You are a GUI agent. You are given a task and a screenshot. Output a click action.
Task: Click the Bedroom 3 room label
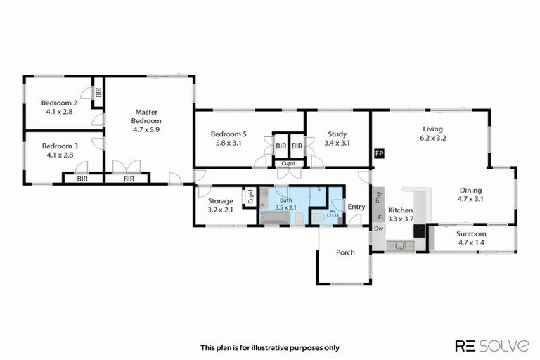point(58,146)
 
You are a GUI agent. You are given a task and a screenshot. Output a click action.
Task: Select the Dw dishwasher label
point(378,229)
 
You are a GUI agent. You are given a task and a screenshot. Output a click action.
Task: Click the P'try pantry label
point(378,198)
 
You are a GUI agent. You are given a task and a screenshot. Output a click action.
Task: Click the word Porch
point(345,252)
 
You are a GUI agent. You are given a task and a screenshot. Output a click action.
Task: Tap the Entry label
point(356,207)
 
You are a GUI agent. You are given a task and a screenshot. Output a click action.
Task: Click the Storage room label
point(220,200)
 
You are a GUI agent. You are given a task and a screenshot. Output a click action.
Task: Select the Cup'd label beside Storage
point(249,198)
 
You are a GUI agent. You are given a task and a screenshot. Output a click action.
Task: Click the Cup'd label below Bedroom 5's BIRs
point(288,164)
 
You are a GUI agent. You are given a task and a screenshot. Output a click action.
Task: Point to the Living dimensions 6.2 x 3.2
point(434,138)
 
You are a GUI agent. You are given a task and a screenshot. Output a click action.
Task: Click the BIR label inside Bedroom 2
point(98,91)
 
